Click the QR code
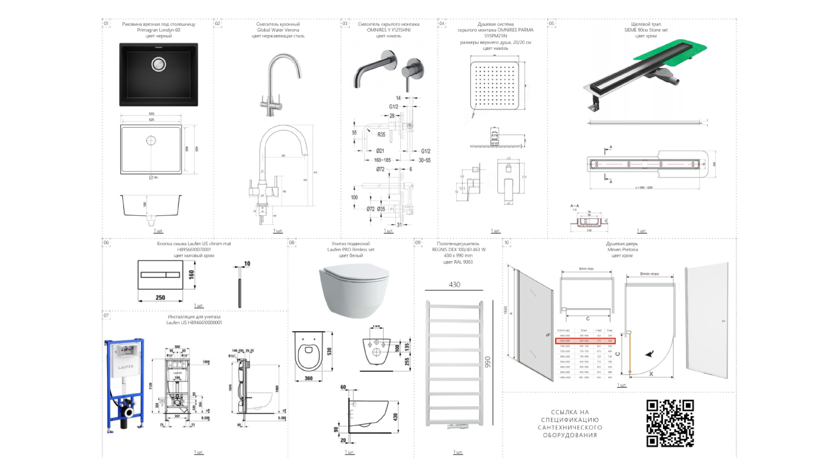670,423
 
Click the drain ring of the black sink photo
159,64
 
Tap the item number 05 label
552,23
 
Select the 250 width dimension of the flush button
160,297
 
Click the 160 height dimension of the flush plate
191,274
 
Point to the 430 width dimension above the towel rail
454,285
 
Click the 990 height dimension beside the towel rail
488,362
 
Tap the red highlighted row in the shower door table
585,341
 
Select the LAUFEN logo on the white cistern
126,367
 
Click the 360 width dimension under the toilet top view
308,378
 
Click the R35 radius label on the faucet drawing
381,134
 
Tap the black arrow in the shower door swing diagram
650,354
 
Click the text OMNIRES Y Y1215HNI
388,30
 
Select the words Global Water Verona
278,30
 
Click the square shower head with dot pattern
494,86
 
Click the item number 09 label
418,243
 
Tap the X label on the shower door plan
651,374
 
